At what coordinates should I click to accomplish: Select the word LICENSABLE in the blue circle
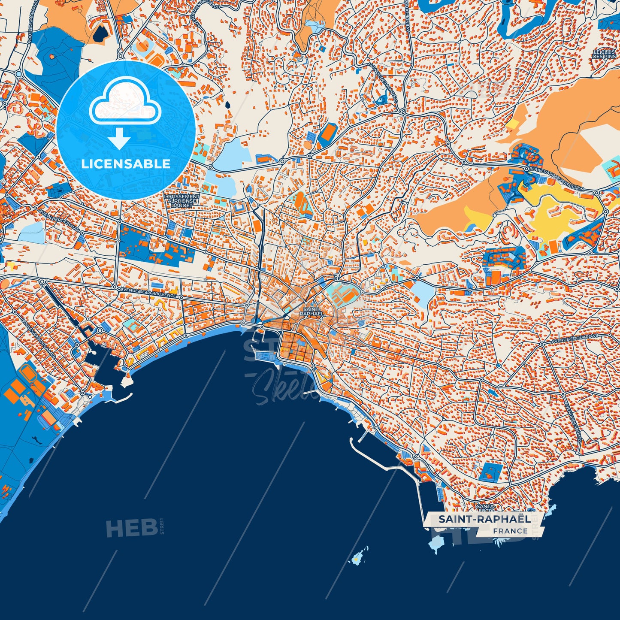[126, 164]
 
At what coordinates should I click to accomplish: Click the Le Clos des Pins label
[604, 54]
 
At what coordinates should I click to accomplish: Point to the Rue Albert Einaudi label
[59, 220]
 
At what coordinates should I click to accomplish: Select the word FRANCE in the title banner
[510, 531]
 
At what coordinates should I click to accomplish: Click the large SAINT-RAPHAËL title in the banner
[484, 519]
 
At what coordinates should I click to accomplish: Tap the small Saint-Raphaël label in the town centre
[311, 311]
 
